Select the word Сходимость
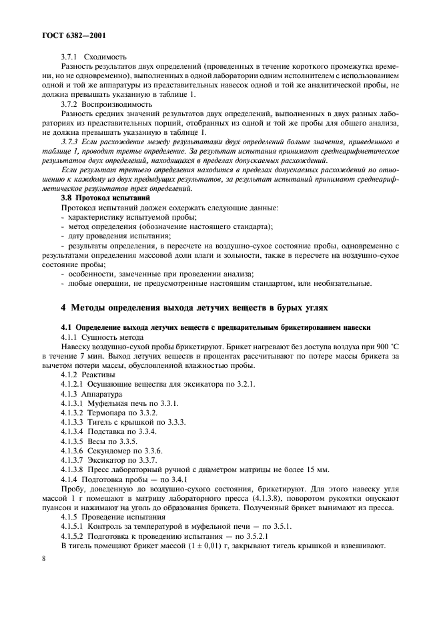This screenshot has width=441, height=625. pos(105,57)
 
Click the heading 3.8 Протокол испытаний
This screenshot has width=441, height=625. pos(107,198)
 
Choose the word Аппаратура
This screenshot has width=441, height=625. pos(103,394)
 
